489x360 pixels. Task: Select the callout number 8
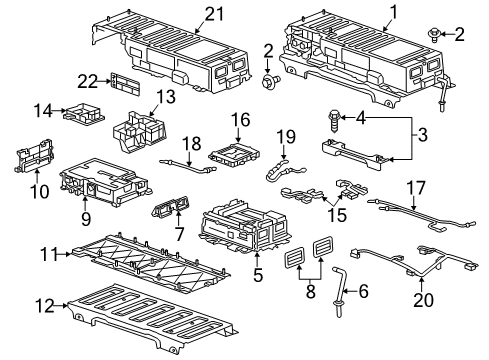[x=310, y=294]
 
